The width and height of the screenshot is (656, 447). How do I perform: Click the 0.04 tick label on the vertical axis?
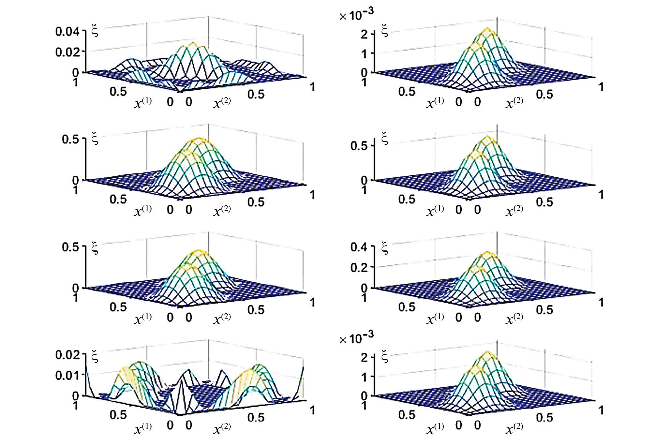pyautogui.click(x=67, y=32)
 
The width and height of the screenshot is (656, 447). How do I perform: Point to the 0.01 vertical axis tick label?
pyautogui.click(x=67, y=375)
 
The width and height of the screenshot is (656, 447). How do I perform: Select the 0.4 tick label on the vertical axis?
pyautogui.click(x=359, y=247)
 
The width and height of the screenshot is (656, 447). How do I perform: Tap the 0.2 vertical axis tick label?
pyautogui.click(x=359, y=268)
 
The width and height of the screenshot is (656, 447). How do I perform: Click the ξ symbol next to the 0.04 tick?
pyautogui.click(x=95, y=31)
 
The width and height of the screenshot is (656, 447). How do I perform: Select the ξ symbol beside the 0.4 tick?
pyautogui.click(x=384, y=248)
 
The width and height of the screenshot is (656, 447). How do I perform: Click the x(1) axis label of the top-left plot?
pyautogui.click(x=143, y=103)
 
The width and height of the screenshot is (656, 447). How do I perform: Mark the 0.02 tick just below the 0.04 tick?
pyautogui.click(x=67, y=52)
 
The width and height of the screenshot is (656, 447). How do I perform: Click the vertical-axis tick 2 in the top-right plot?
pyautogui.click(x=364, y=34)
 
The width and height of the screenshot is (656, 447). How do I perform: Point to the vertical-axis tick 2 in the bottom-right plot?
pyautogui.click(x=364, y=357)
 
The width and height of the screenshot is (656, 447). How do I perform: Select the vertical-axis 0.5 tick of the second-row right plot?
pyautogui.click(x=359, y=146)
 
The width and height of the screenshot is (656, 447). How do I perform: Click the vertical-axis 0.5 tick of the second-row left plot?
pyautogui.click(x=70, y=139)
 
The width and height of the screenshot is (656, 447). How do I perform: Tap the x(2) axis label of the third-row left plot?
pyautogui.click(x=222, y=318)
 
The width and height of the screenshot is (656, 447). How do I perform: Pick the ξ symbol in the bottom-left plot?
pyautogui.click(x=95, y=356)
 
